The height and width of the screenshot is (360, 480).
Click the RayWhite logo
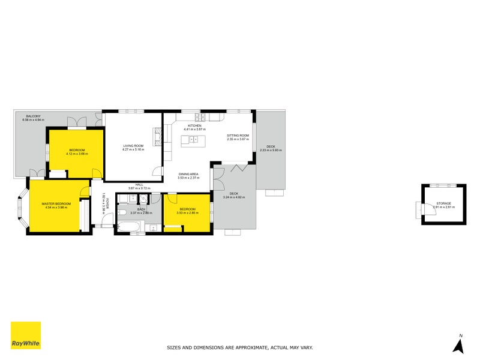coord(26,335)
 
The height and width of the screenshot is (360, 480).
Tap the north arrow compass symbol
coord(460,344)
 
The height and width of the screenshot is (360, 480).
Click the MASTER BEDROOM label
coord(56,204)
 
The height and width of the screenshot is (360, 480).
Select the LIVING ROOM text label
coord(133,146)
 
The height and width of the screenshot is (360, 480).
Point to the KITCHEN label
coord(194,125)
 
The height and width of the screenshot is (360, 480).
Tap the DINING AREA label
coord(188,174)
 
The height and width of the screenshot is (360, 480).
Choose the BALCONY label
coord(34,116)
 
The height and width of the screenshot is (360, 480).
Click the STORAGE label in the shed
coord(443,203)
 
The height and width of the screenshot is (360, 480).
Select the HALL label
coord(139,185)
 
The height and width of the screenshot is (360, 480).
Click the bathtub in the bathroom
coord(130,227)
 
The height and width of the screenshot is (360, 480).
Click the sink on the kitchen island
coord(193,140)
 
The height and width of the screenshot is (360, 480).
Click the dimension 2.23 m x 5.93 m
coord(271,150)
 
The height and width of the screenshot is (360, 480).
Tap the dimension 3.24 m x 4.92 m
coord(235,197)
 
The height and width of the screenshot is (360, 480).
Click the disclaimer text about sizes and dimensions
coord(239,347)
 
